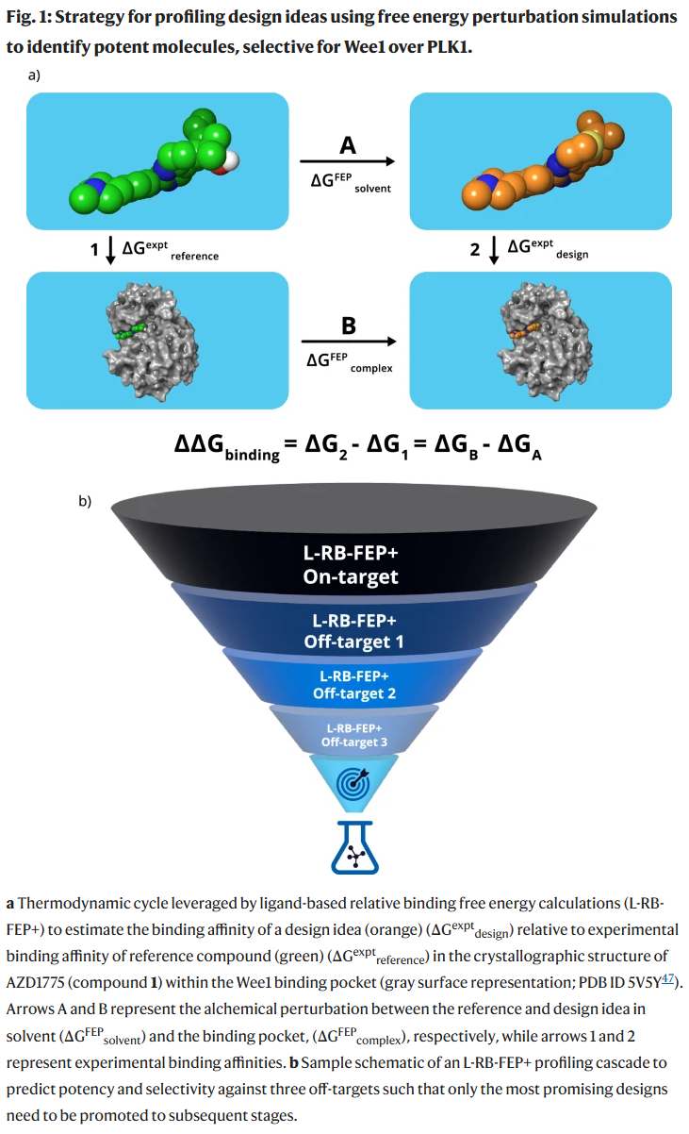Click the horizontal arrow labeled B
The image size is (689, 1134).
(x=348, y=342)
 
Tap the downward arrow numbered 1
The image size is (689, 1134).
(x=110, y=250)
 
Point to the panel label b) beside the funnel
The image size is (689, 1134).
(x=85, y=500)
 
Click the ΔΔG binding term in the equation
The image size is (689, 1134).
(x=227, y=444)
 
